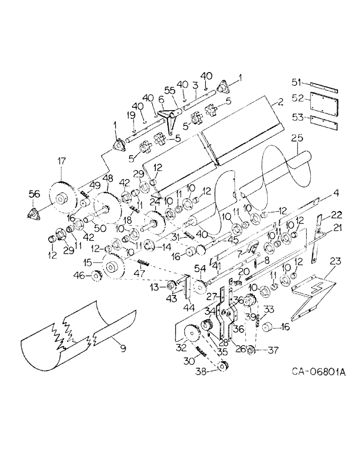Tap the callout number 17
coord(62,161)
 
